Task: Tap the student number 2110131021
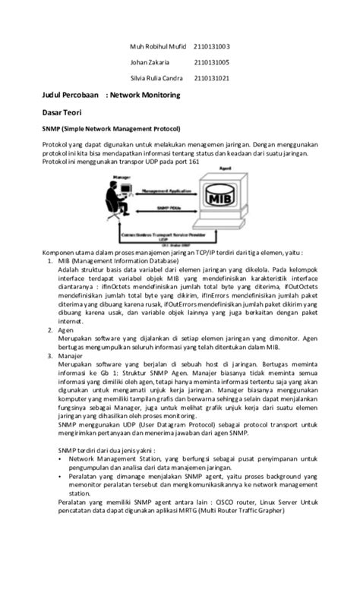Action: [212, 77]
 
